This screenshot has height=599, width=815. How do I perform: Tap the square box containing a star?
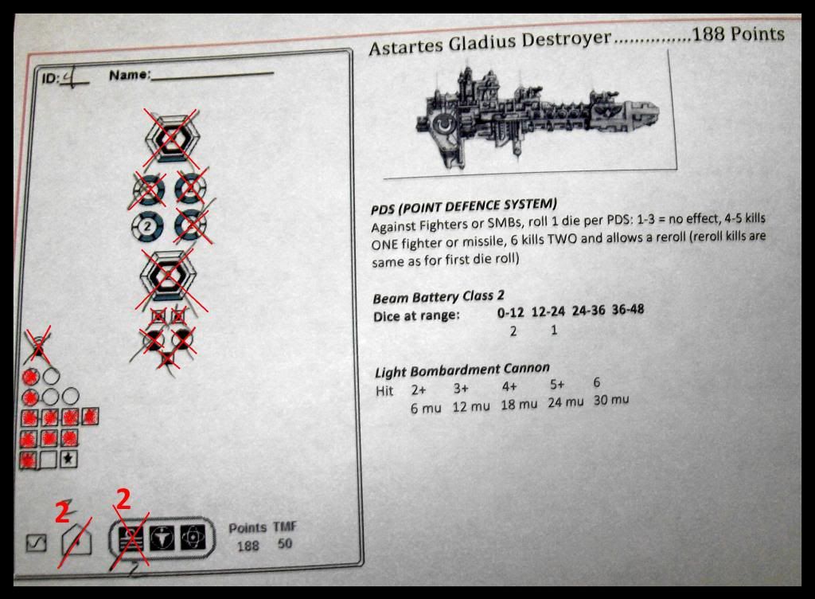tap(69, 459)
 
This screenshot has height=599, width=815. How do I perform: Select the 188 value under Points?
tap(248, 546)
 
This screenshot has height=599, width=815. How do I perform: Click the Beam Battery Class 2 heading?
tap(439, 298)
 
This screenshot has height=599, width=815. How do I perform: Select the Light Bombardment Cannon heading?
tap(462, 369)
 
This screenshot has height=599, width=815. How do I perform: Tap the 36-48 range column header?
tap(628, 309)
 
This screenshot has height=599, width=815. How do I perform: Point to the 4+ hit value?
tap(510, 386)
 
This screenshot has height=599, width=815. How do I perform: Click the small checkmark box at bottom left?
tap(37, 544)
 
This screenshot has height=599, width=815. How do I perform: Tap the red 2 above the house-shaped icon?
tap(63, 512)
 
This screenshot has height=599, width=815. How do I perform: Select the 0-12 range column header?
tap(513, 313)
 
